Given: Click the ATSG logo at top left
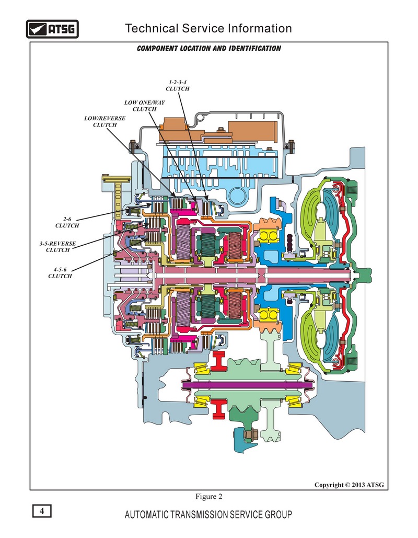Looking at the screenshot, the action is coord(52,29).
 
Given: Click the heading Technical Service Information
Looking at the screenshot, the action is coord(208,28).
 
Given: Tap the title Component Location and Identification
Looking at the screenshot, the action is coord(209,49).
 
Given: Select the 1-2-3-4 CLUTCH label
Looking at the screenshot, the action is coord(178,85).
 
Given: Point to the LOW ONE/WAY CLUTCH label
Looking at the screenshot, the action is coord(144,106).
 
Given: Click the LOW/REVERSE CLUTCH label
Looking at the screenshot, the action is coord(105,121).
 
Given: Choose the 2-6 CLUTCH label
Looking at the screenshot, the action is coord(67,222).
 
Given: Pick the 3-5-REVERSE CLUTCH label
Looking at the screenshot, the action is coord(57,247).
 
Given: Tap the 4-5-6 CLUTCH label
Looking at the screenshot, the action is coord(60,273).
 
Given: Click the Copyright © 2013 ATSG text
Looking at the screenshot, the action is coord(349,485).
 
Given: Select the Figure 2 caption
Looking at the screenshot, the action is coord(209,497).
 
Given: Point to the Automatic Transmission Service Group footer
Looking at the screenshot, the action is coord(208,514).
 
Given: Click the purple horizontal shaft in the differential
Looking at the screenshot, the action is coord(247,385).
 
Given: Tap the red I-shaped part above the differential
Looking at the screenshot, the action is coord(218,361).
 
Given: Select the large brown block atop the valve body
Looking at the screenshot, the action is coord(253,131).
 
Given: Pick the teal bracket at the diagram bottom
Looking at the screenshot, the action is coord(244,440).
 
